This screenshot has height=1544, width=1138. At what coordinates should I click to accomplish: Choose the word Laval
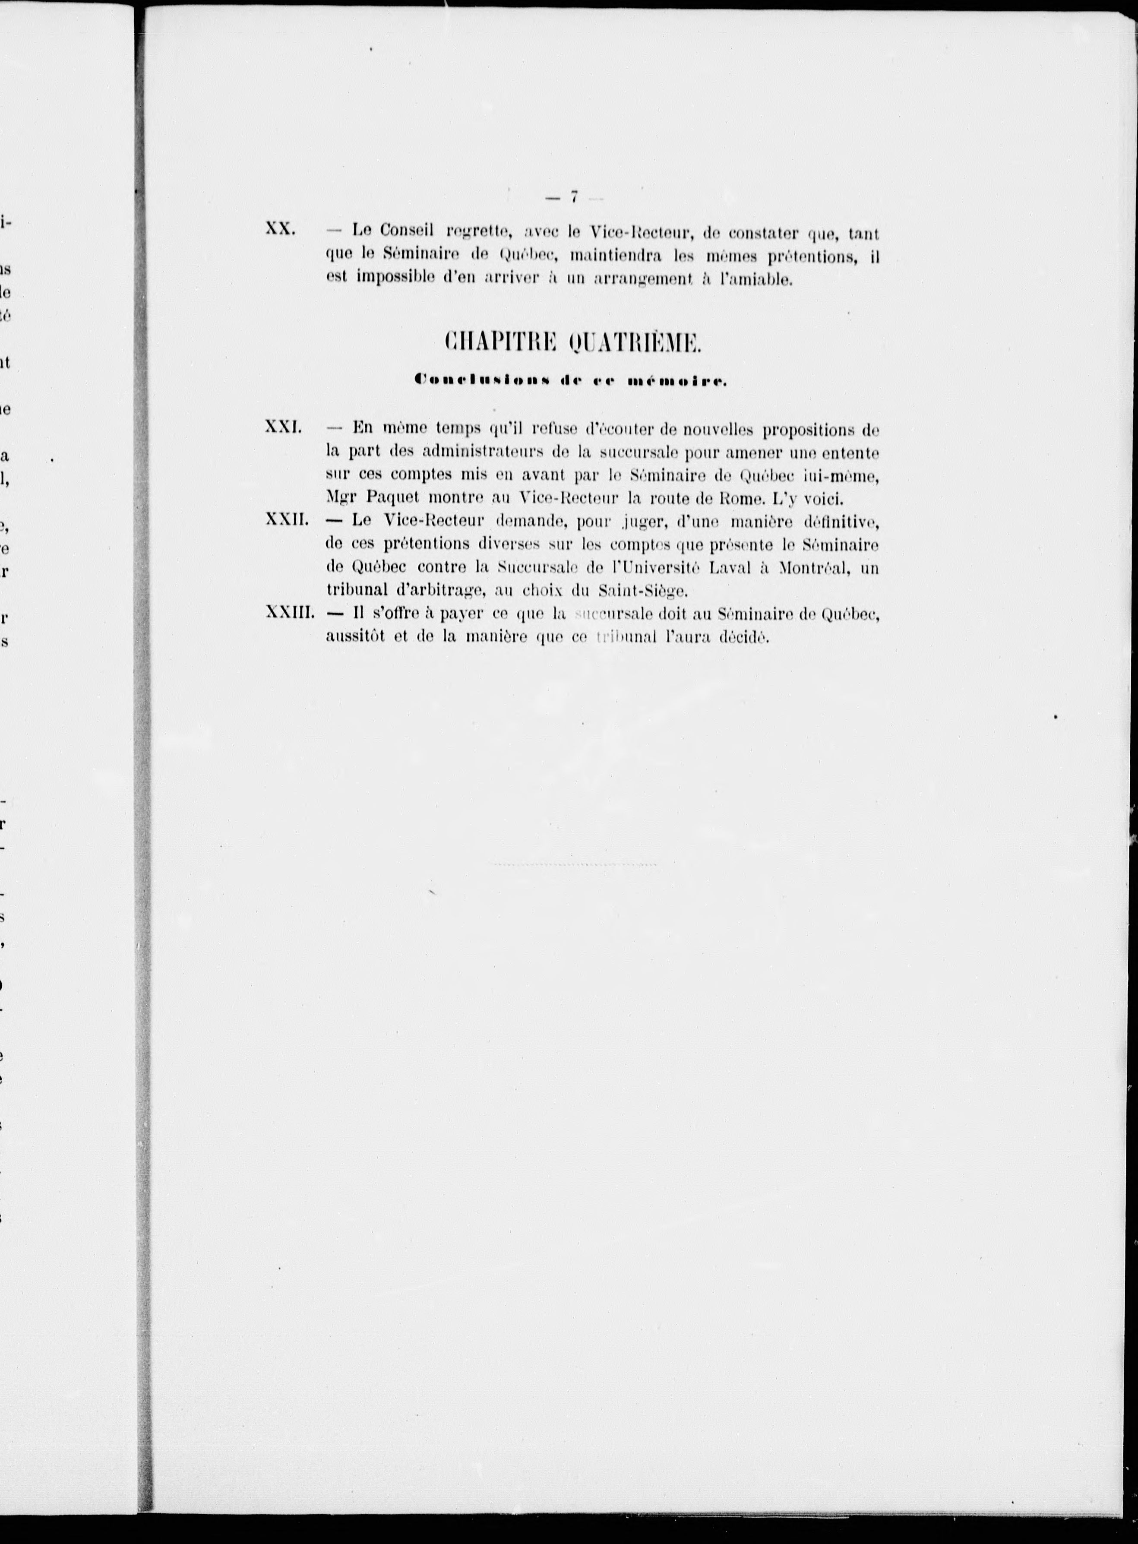727,568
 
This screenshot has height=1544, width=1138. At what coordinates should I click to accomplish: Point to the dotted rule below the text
574,863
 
